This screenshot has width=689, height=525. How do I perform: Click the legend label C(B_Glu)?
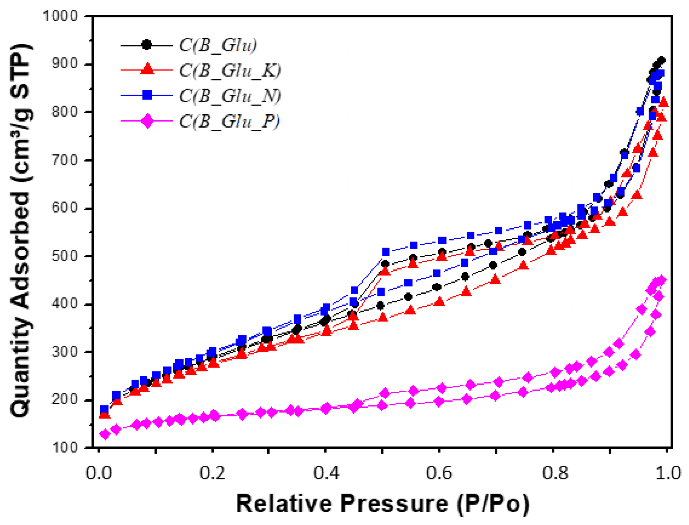point(218,45)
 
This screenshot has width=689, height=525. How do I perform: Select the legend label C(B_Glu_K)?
point(230,71)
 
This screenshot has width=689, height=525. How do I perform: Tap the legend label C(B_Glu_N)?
point(230,96)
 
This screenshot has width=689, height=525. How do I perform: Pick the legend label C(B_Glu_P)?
point(229,121)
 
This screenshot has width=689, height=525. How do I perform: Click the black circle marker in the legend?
point(147,45)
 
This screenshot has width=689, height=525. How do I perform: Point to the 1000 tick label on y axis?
point(60,16)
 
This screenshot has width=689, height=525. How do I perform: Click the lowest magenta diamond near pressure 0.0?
point(105,434)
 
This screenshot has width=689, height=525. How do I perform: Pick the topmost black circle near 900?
point(661,60)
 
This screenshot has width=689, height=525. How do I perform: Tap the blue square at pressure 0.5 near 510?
point(386,252)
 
